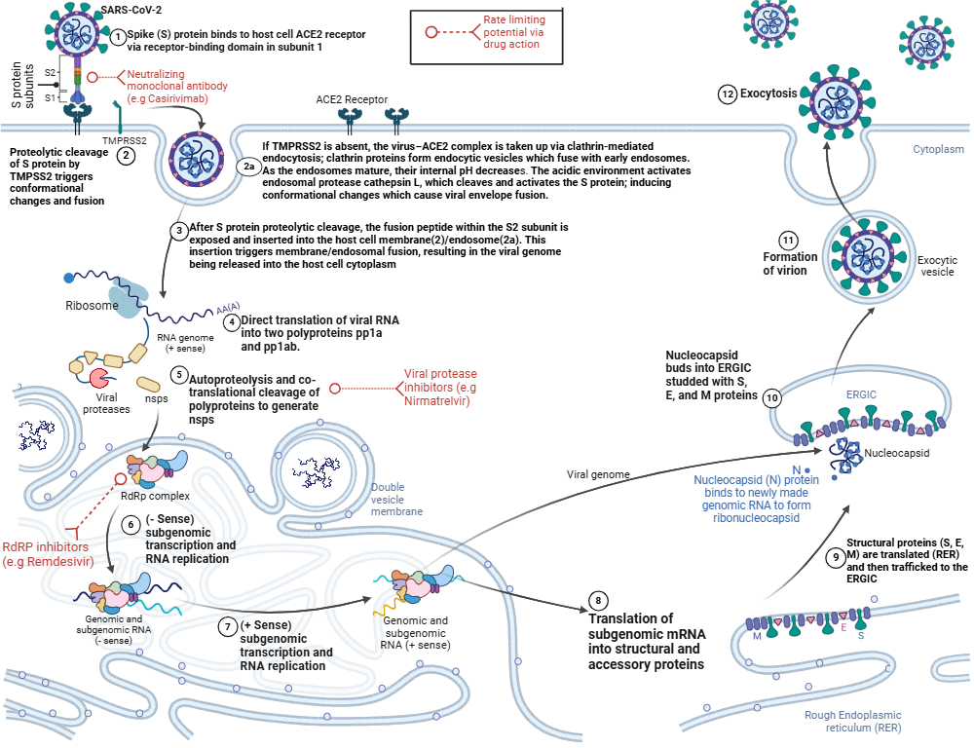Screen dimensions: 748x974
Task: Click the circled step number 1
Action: coord(118,36)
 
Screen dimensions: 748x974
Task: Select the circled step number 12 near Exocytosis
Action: coord(727,94)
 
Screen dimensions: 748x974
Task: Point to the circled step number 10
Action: coord(772,397)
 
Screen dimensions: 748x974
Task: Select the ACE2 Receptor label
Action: coord(352,99)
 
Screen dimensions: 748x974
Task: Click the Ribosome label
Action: coord(93,306)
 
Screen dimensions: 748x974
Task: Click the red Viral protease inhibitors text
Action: coord(440,388)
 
